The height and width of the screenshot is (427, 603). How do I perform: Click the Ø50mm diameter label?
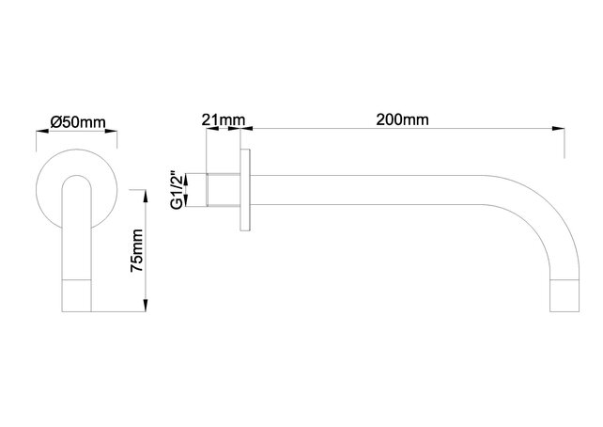(77, 122)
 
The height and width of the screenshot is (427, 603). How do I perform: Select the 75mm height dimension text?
(137, 251)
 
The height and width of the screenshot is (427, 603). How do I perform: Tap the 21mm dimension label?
(223, 119)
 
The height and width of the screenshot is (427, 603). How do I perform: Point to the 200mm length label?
(401, 119)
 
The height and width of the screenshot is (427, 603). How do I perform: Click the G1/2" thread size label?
(176, 189)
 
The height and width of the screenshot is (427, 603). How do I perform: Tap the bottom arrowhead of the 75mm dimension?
(146, 308)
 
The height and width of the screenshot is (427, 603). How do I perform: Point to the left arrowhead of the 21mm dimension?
(204, 128)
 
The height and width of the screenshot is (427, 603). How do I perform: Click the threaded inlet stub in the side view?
(222, 189)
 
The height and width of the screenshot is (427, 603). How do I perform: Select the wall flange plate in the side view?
(246, 189)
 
